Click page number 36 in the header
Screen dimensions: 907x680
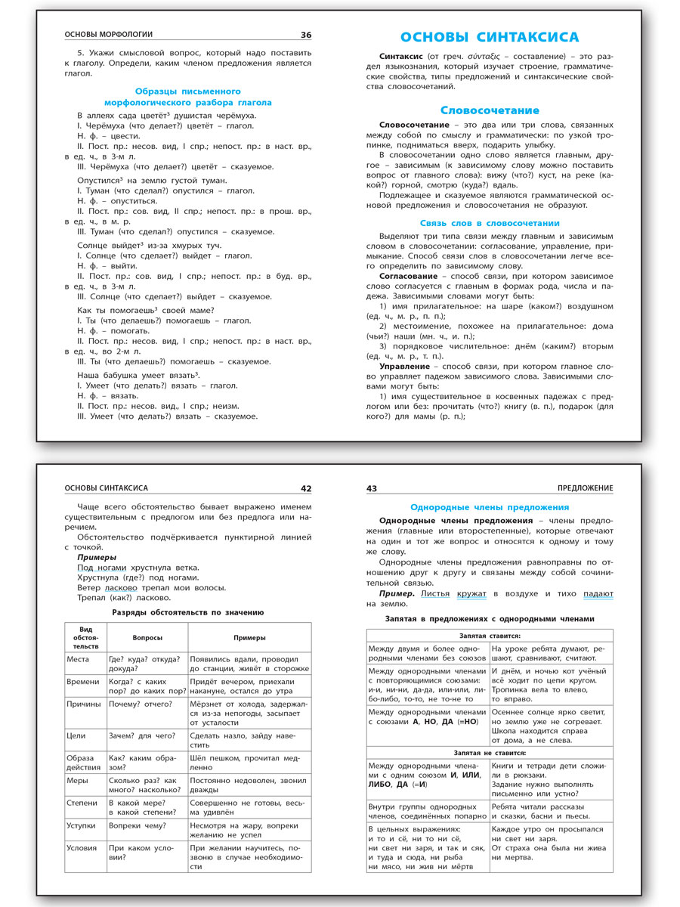[305, 35]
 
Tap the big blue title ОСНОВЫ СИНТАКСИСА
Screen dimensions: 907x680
[489, 37]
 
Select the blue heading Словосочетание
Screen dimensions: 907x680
[490, 110]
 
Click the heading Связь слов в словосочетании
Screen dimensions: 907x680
[490, 223]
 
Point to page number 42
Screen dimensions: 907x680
[305, 489]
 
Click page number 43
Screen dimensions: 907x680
[372, 489]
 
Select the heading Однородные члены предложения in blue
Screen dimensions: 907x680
[490, 507]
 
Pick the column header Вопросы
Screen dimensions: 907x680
[147, 637]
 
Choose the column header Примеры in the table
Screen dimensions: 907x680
[249, 637]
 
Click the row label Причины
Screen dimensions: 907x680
[84, 704]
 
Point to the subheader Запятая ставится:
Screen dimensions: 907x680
[490, 636]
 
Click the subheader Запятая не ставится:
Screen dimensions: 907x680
[490, 753]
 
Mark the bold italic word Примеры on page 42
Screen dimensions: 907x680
[97, 557]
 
